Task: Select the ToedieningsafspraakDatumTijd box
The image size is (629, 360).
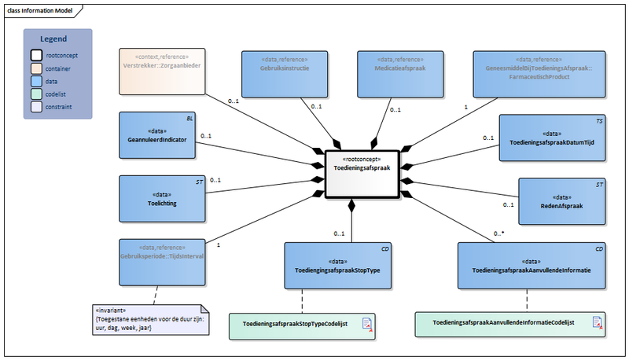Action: click(552, 138)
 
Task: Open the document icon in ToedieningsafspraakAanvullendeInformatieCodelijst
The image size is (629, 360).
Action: click(597, 322)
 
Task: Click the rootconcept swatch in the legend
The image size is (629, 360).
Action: click(36, 56)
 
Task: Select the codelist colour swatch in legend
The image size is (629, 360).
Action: click(36, 94)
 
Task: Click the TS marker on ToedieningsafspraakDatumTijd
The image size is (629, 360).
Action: click(598, 121)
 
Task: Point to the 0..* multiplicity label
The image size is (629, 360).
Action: click(498, 233)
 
